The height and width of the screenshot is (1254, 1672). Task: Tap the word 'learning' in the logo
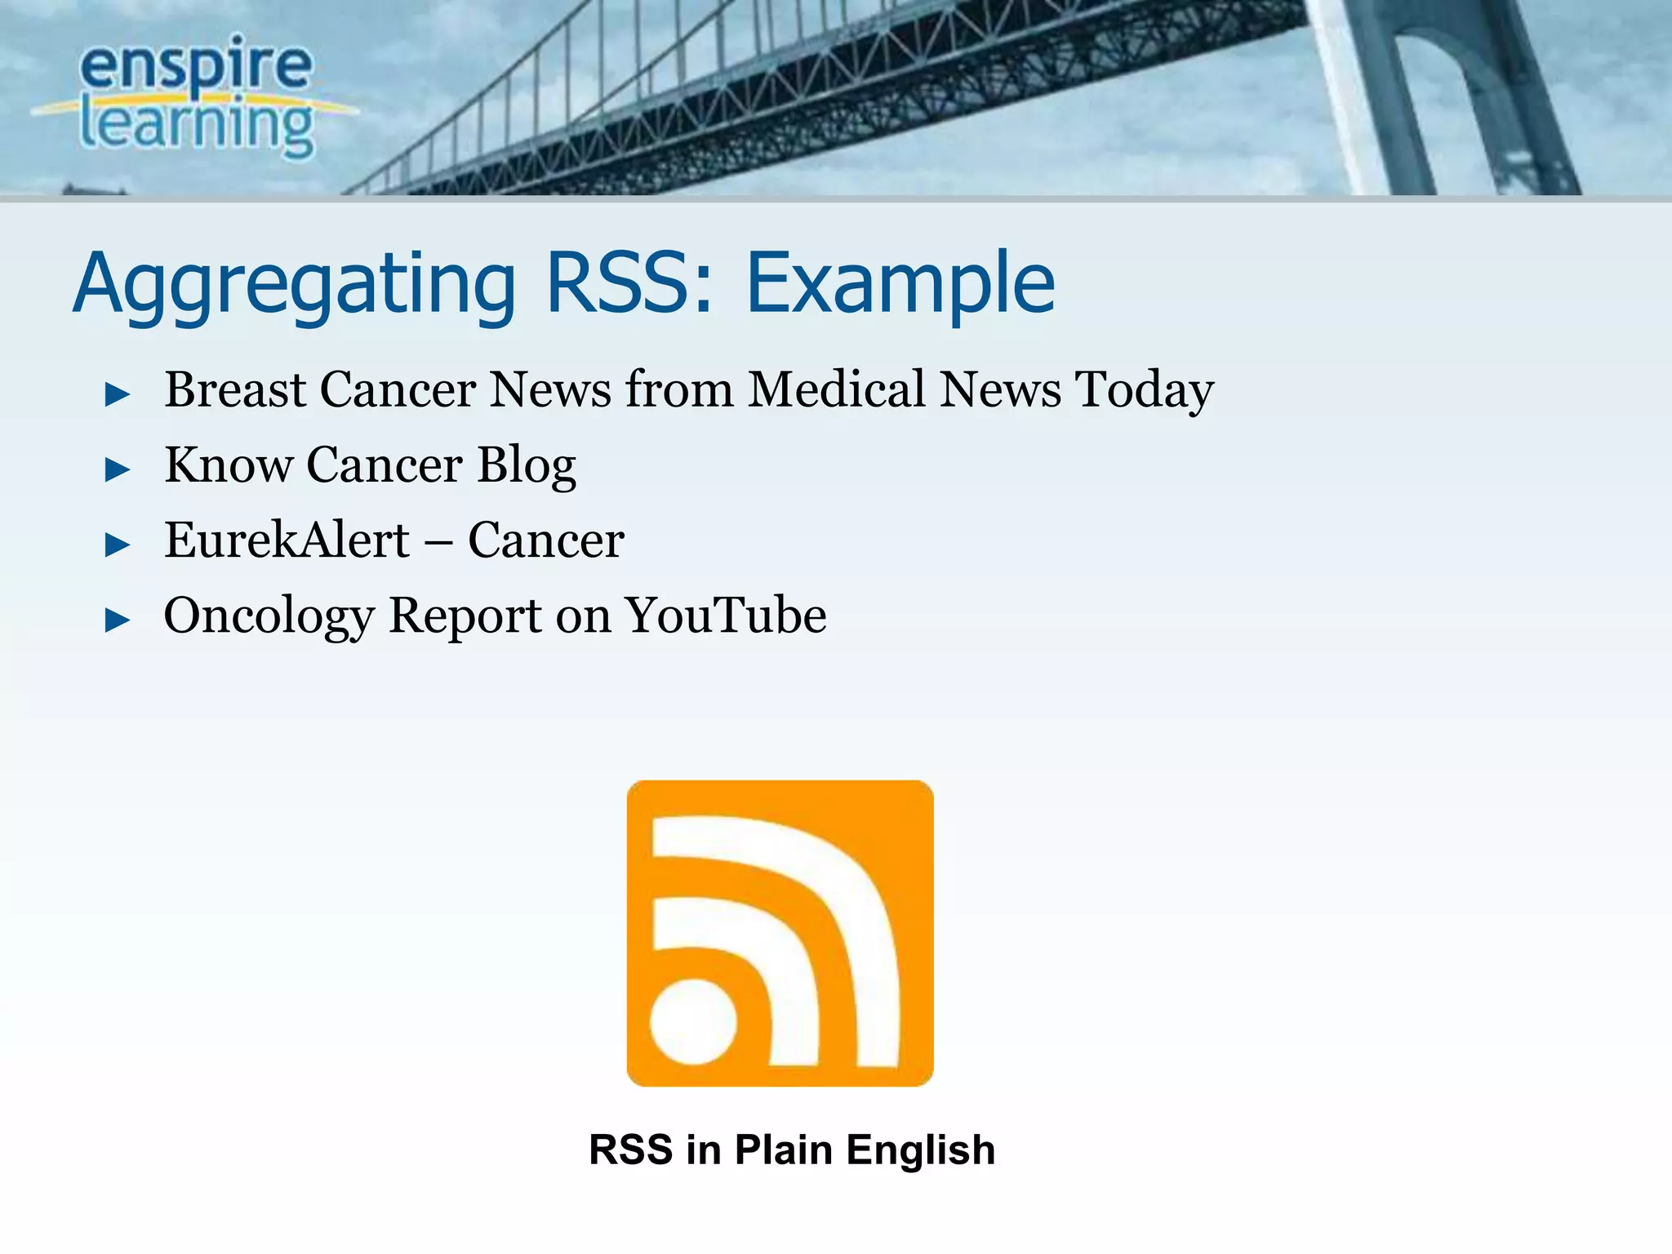click(196, 127)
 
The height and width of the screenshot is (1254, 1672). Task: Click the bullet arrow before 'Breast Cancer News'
click(118, 395)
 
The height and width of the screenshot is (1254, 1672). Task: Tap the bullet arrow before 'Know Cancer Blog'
click(118, 470)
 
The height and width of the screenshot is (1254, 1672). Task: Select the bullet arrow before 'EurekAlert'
click(118, 545)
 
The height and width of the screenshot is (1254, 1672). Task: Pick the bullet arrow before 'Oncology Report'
click(118, 620)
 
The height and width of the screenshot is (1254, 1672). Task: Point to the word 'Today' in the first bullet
click(1144, 390)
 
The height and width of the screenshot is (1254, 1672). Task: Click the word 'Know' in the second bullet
click(228, 465)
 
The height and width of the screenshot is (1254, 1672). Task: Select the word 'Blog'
click(527, 466)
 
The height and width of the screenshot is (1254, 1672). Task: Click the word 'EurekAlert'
click(287, 540)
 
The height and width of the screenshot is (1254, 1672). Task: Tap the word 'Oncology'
click(269, 616)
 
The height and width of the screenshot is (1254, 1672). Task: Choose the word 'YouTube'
click(726, 615)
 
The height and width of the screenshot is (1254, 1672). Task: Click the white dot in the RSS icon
click(693, 1021)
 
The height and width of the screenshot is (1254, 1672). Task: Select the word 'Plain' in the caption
click(783, 1149)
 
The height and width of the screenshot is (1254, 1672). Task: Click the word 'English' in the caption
click(920, 1150)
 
